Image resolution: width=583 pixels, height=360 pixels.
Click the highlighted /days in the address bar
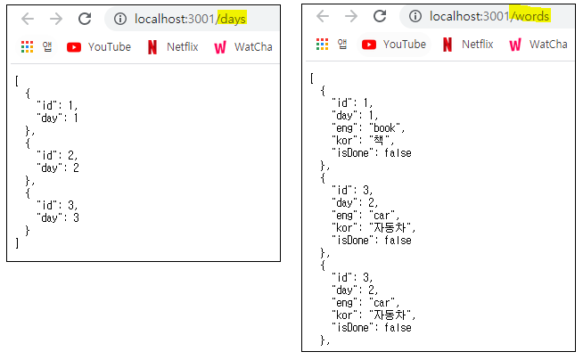point(232,18)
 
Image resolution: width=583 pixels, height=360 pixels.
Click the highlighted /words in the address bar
point(530,16)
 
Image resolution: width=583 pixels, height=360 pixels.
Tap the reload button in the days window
point(85,19)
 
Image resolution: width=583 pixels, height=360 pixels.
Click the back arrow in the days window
point(28,19)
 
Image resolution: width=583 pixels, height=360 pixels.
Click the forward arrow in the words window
point(351,16)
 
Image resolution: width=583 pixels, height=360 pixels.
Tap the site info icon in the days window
point(120,19)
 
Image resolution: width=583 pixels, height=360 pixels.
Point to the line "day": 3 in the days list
point(58,217)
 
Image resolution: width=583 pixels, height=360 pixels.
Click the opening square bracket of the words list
point(312,78)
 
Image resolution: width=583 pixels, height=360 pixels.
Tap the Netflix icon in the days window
point(152,47)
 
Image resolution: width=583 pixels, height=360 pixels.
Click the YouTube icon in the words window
point(369,44)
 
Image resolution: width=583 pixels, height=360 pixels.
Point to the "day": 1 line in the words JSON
point(355,115)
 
